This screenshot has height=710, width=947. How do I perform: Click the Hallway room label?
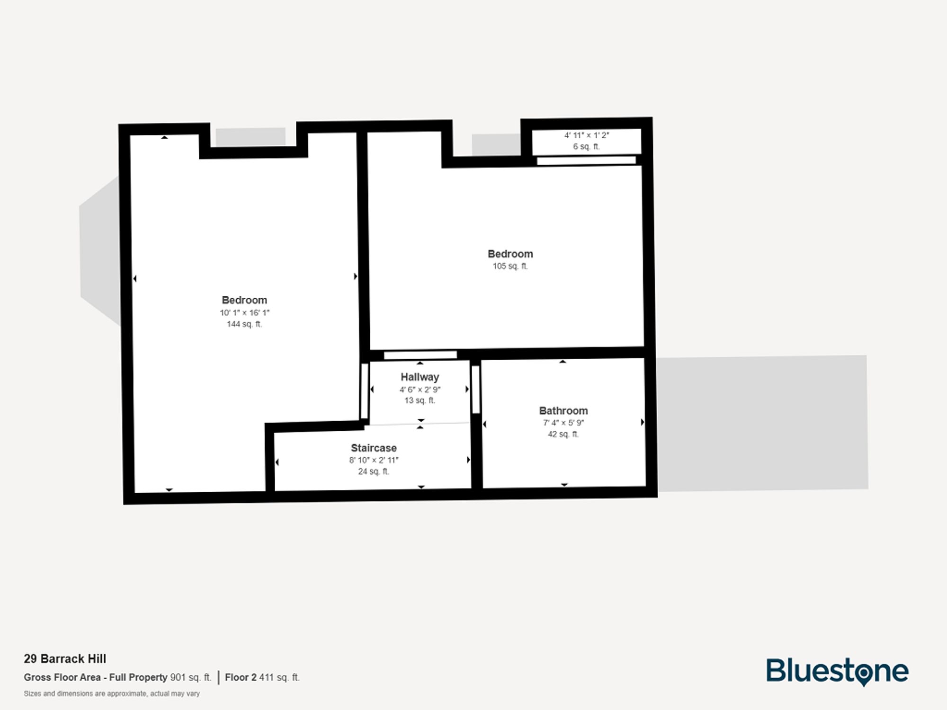(420, 377)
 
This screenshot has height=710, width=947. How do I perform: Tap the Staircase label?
(374, 448)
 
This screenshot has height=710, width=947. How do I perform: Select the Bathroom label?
(563, 411)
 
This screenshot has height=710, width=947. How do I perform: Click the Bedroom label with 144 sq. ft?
(244, 300)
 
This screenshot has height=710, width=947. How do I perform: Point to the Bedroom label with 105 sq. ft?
(510, 254)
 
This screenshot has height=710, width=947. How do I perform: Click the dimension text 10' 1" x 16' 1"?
(244, 313)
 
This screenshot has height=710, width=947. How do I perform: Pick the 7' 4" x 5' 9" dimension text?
(563, 423)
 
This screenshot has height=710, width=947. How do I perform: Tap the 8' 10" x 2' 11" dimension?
(374, 460)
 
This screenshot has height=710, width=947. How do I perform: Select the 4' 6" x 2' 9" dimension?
(420, 390)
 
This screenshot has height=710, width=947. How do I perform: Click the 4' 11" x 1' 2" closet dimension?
(586, 135)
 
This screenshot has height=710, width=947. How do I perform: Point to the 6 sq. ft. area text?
(586, 147)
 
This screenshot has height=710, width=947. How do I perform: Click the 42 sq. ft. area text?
(563, 434)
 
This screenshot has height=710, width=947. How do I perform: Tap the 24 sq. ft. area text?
(374, 471)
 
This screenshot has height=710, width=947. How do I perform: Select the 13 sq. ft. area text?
(420, 400)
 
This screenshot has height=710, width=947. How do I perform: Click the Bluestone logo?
(837, 671)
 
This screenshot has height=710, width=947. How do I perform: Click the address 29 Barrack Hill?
(65, 659)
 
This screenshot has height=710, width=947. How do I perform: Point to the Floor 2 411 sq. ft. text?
(262, 677)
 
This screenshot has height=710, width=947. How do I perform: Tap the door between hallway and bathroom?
(476, 390)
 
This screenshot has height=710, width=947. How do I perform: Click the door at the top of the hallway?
(420, 355)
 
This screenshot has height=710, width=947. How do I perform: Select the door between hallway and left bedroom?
(365, 391)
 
